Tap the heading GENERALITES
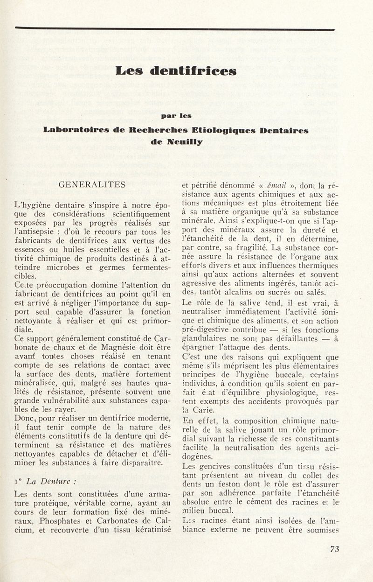click(x=91, y=184)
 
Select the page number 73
click(x=335, y=549)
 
